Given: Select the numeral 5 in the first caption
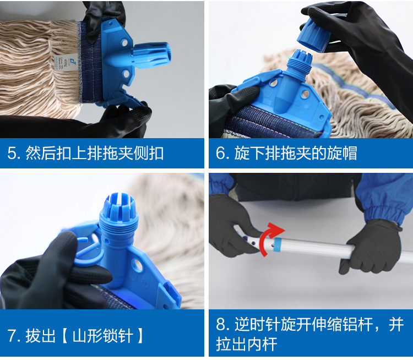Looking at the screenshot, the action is tap(12, 153).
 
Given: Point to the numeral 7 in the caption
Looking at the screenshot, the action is tap(12, 336).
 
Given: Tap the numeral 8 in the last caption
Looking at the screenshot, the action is tap(221, 324).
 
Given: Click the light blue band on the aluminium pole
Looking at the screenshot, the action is tap(278, 244).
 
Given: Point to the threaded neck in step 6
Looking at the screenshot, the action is tap(297, 67).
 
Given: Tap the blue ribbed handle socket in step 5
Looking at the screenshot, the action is tap(151, 55).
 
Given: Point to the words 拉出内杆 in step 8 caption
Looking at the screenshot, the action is tap(247, 344).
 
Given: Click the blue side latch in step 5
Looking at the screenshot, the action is tap(124, 101).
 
